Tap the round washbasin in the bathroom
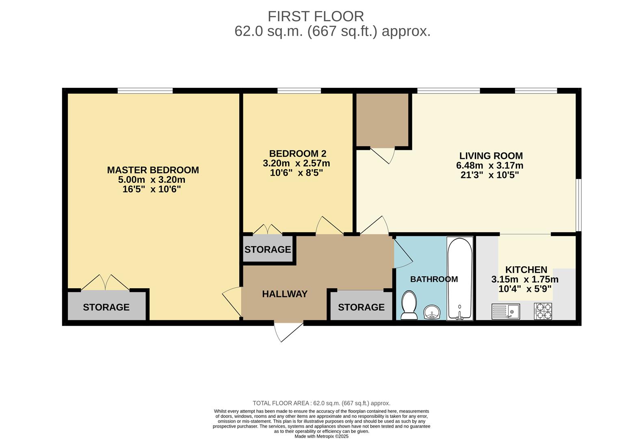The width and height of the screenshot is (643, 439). (x=432, y=313)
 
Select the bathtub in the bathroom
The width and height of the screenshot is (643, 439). (x=460, y=278)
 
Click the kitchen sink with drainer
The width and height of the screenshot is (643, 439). (x=505, y=311)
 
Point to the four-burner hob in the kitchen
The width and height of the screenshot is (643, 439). (x=543, y=311)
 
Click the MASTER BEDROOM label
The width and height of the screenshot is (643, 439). (x=153, y=170)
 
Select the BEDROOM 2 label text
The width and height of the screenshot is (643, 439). (x=298, y=154)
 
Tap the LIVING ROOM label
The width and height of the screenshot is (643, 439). (x=491, y=156)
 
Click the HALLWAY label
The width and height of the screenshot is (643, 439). (x=285, y=294)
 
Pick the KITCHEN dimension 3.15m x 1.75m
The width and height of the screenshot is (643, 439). (x=524, y=280)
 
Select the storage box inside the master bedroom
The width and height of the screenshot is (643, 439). (x=106, y=307)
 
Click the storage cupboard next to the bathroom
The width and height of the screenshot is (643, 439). (x=361, y=307)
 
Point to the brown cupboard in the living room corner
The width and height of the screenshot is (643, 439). (x=382, y=119)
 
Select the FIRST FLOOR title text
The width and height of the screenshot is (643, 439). (x=316, y=17)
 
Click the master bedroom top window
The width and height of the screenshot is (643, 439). (x=145, y=91)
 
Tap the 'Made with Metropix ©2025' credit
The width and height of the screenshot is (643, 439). (x=321, y=436)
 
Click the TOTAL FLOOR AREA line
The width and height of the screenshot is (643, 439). (x=321, y=403)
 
